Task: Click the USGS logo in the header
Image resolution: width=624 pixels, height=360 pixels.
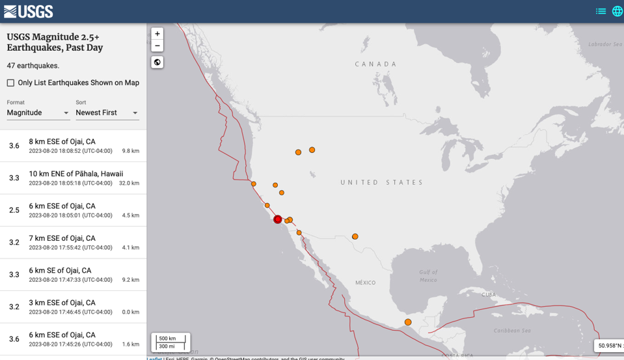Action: point(28,11)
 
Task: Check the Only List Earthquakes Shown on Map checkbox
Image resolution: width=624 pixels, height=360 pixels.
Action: point(10,83)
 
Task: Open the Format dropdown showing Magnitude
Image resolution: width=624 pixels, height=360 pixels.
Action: point(38,113)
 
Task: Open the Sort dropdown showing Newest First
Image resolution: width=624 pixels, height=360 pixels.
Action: point(107,113)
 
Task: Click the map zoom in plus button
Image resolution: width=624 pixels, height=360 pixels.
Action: point(157,34)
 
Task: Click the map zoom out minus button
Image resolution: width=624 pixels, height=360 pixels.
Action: point(157,46)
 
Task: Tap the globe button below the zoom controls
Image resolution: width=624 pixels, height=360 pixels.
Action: point(157,62)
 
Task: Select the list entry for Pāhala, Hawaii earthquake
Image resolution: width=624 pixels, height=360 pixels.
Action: point(75,178)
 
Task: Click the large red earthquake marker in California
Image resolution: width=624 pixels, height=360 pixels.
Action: point(278,219)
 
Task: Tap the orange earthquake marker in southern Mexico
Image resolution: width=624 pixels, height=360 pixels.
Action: point(408,322)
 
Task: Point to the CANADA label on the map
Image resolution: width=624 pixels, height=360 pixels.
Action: point(375,64)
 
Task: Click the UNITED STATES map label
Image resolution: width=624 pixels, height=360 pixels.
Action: point(381,182)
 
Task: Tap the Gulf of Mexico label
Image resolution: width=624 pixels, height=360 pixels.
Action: point(428,275)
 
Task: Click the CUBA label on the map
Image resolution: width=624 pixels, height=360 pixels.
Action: point(488,294)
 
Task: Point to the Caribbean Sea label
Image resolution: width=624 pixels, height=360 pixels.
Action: point(512,331)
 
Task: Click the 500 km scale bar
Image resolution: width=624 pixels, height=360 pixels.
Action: point(170,339)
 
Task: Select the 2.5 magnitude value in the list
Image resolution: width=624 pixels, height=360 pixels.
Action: point(14,210)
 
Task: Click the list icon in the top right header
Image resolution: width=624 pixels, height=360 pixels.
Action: point(601,11)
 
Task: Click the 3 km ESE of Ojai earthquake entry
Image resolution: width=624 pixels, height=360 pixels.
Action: point(75,307)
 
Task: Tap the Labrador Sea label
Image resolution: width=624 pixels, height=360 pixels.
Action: point(604,44)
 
